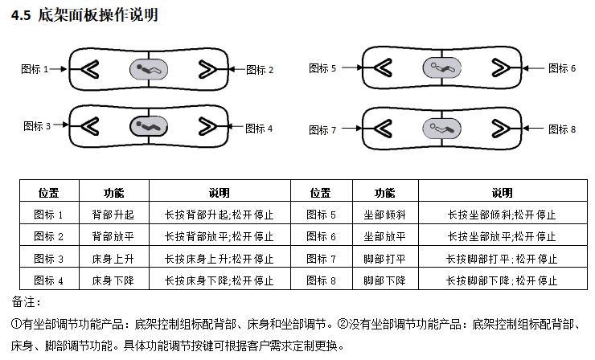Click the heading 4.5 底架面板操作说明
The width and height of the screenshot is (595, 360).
[x=85, y=15]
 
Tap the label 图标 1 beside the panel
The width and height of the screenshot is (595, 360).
[x=35, y=69]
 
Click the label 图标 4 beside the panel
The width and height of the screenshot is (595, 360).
[x=259, y=128]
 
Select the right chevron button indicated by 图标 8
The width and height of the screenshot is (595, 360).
[x=499, y=127]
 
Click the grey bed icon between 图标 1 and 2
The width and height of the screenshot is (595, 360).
[x=149, y=69]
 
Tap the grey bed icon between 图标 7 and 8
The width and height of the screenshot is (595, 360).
[x=440, y=127]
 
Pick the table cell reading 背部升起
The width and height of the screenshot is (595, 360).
[x=113, y=215]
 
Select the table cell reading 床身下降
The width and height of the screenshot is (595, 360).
[x=113, y=280]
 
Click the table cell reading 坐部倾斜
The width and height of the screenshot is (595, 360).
[x=384, y=215]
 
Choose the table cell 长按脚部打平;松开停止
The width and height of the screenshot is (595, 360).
[x=502, y=259]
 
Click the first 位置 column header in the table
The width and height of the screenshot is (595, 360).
[x=49, y=193]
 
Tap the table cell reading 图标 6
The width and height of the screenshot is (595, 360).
[x=322, y=237]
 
